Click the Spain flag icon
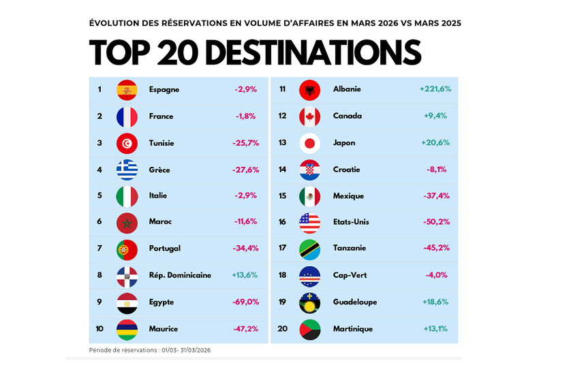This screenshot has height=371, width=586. (x=127, y=90)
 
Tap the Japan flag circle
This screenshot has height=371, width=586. (x=309, y=143)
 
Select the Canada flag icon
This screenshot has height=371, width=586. (x=309, y=116)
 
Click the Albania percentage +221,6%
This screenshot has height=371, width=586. (x=435, y=89)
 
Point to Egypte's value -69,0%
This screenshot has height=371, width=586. (x=246, y=302)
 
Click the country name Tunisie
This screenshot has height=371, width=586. (x=161, y=143)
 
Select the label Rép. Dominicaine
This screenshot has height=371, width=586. (x=180, y=276)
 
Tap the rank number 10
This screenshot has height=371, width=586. (x=99, y=329)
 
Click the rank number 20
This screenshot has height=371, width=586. (x=282, y=329)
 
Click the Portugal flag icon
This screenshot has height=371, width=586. (x=127, y=249)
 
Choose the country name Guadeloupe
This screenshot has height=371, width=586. (x=355, y=302)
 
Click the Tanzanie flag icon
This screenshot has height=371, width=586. (x=309, y=249)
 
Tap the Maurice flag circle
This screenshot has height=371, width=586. (x=127, y=329)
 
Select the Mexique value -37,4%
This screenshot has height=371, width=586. (x=435, y=196)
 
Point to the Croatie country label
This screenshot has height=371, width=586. (x=346, y=170)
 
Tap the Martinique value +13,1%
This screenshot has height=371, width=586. (x=435, y=329)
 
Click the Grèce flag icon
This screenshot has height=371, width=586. (x=127, y=170)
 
